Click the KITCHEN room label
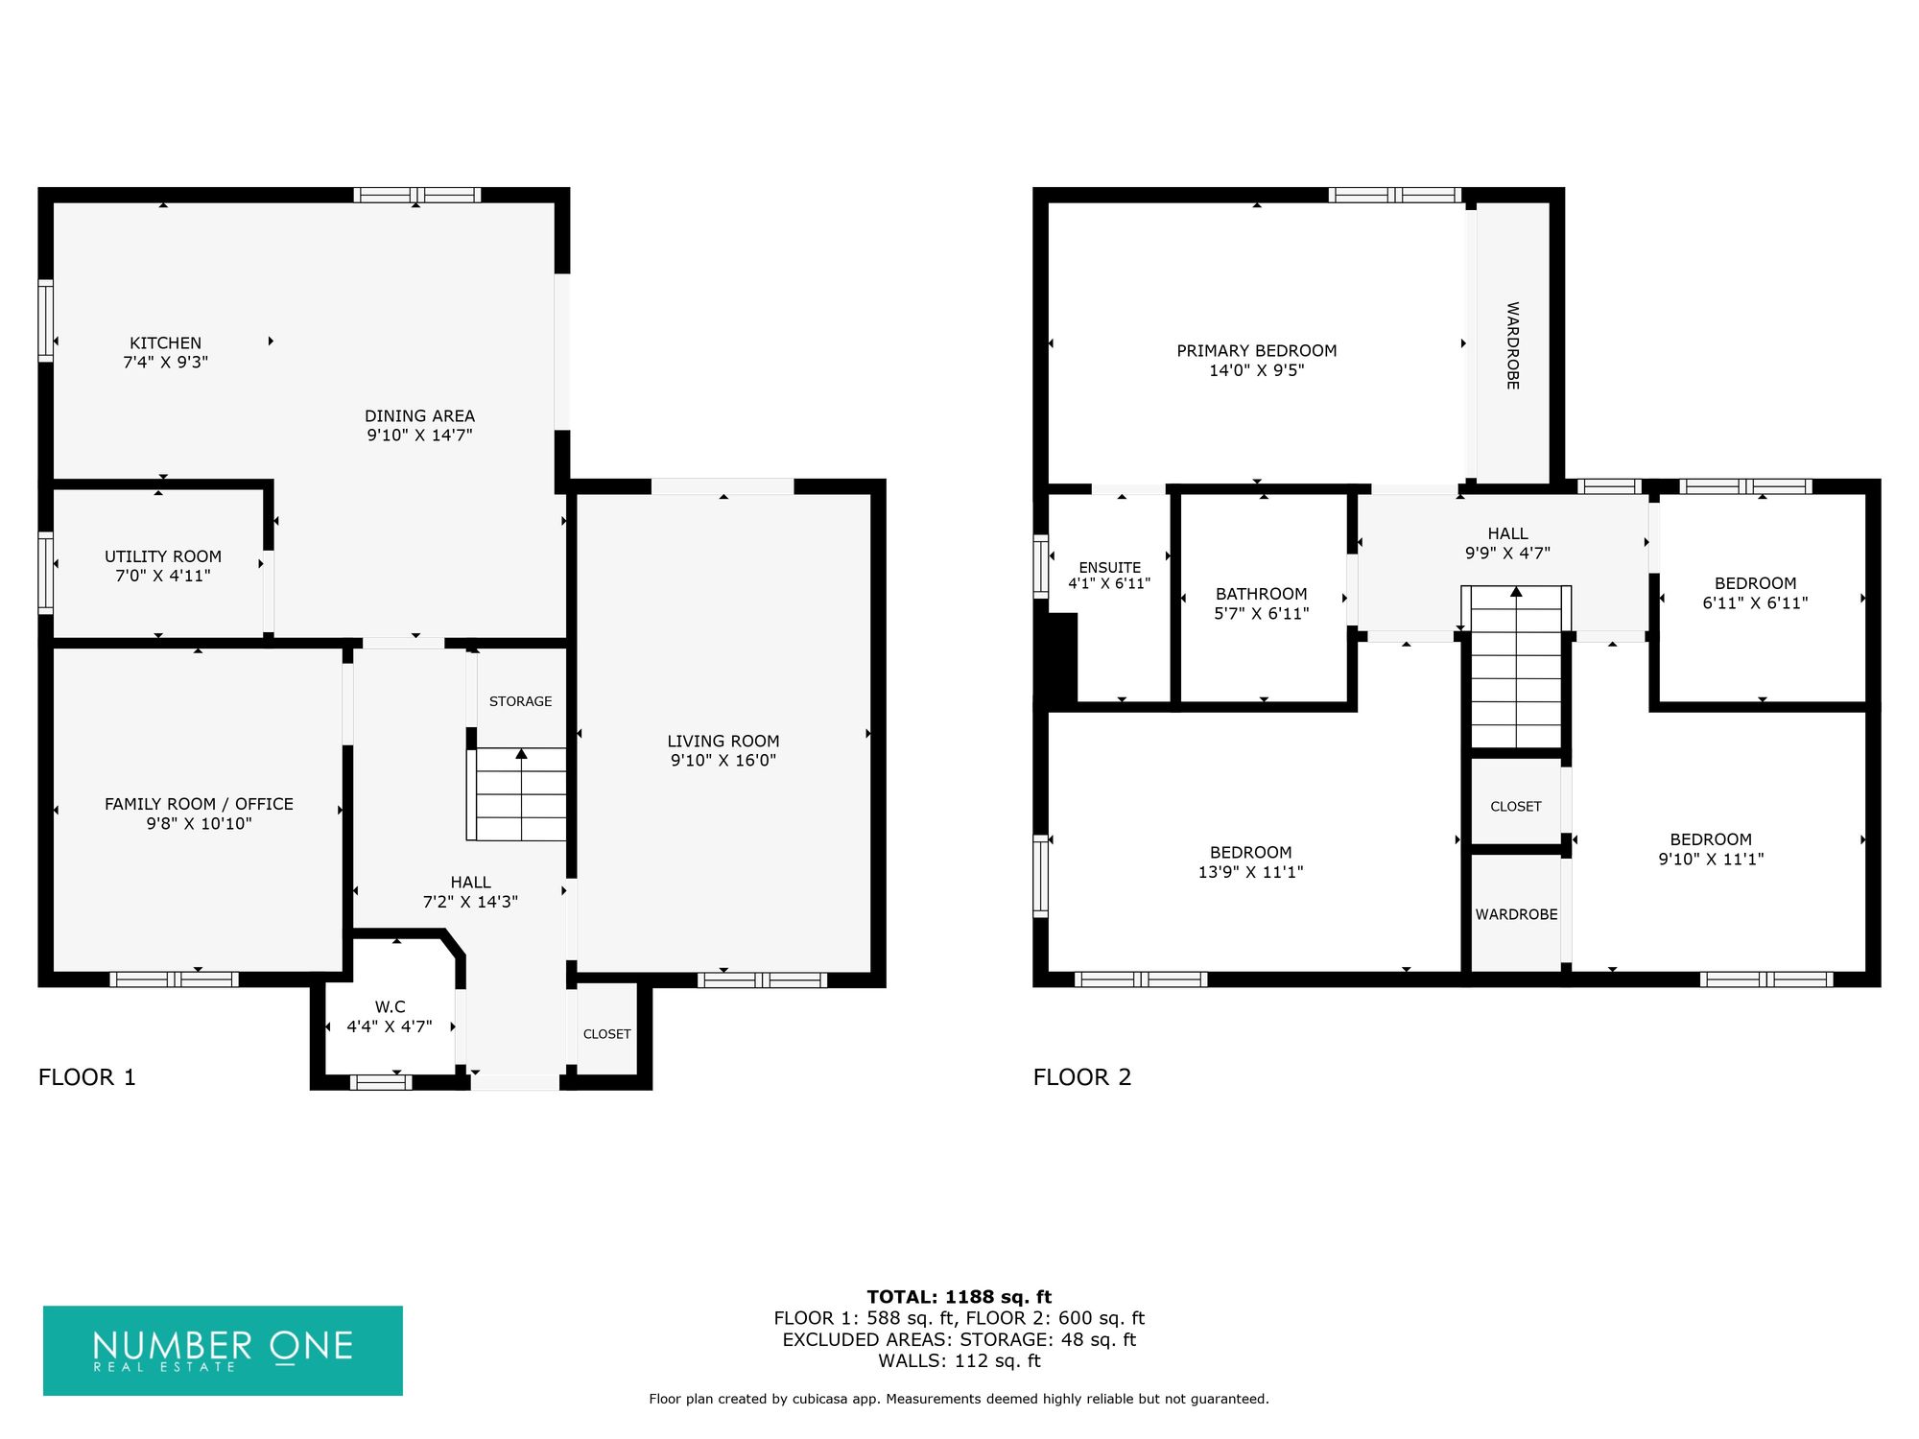[166, 343]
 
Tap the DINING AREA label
[419, 416]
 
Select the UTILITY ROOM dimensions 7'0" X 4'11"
[163, 576]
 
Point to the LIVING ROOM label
[723, 742]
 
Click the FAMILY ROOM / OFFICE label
[199, 804]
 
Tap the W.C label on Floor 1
[390, 1007]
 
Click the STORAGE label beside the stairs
[521, 701]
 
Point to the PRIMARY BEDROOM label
[1257, 351]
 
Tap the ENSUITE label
[1110, 568]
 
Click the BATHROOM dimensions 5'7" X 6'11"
[1262, 614]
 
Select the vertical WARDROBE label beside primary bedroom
[1513, 345]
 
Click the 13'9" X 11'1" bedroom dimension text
[1251, 872]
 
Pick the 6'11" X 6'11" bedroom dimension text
[1756, 603]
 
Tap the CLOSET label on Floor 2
[1516, 807]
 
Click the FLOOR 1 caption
[87, 1077]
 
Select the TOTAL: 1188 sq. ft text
[959, 1297]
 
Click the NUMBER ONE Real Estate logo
[223, 1351]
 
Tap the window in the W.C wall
[381, 1082]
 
